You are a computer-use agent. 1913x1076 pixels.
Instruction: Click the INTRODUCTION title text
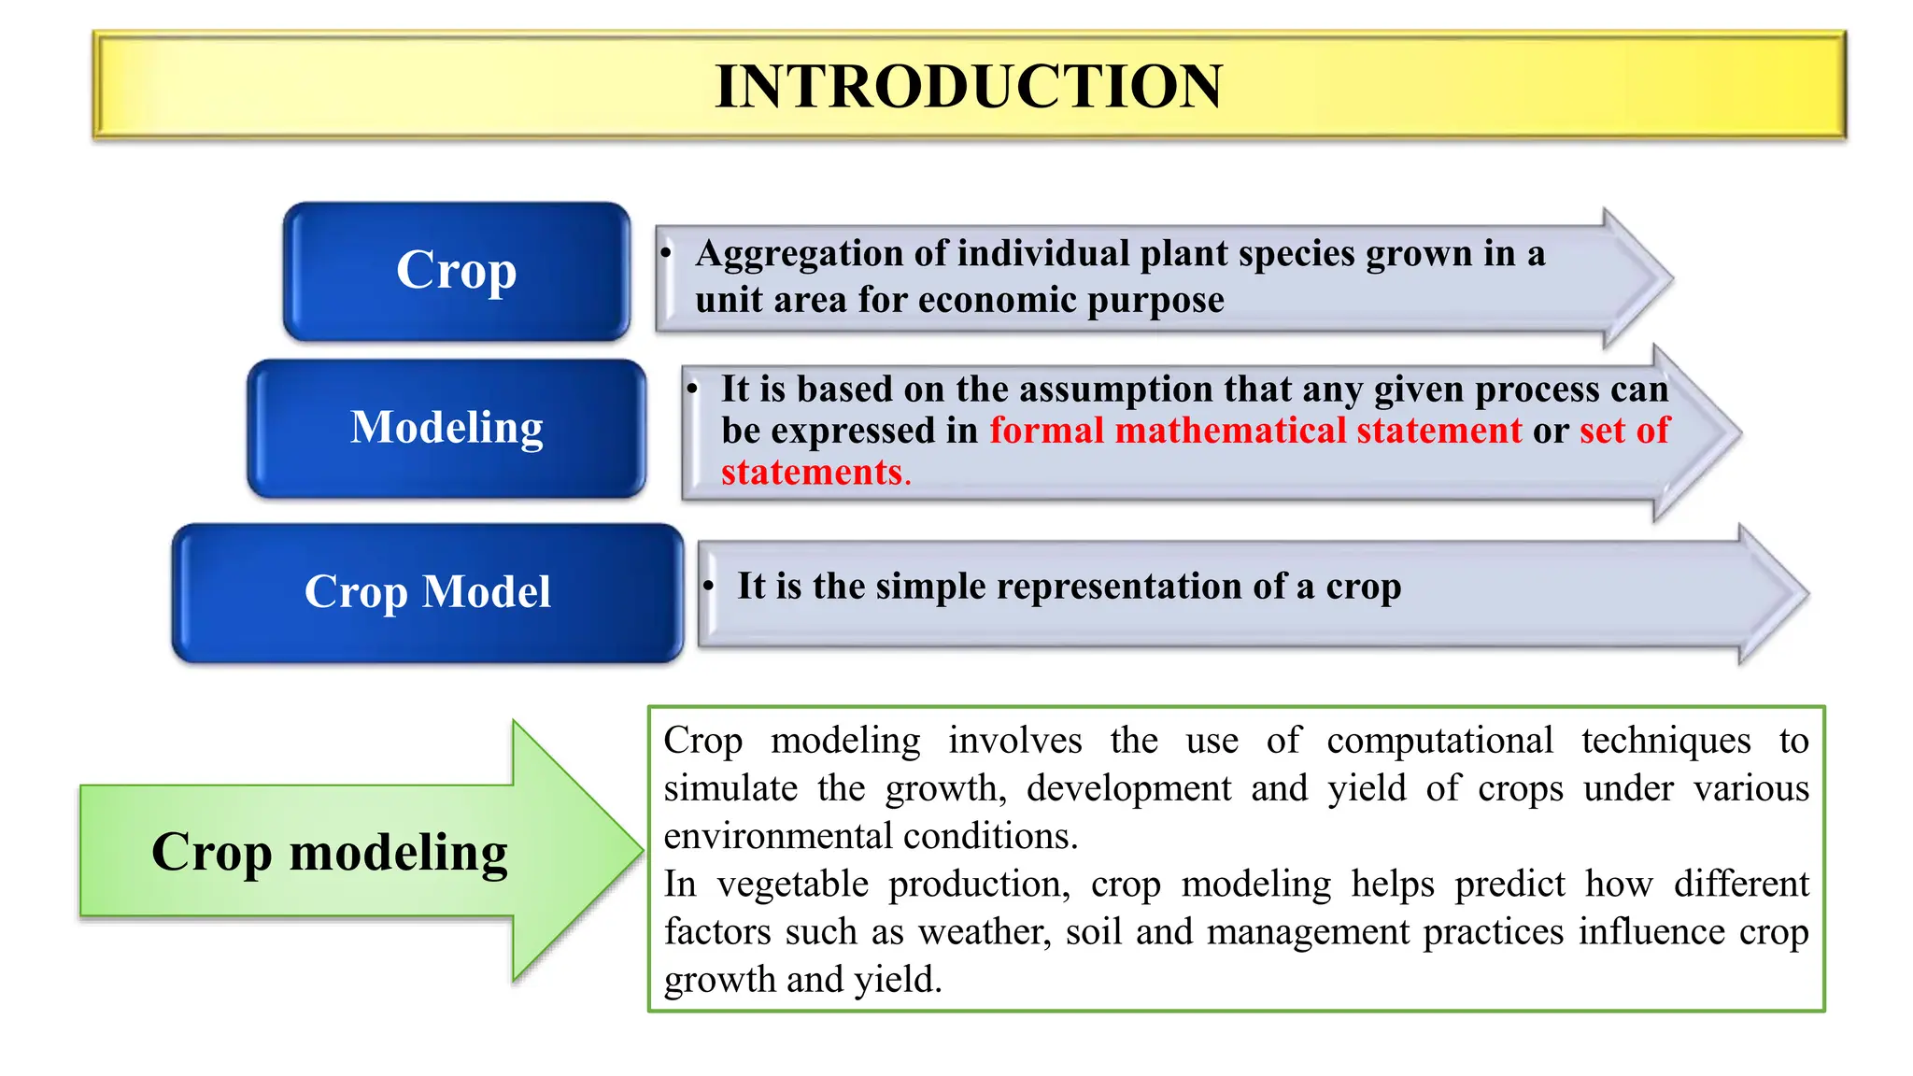click(968, 86)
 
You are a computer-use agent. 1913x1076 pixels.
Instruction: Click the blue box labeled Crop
click(457, 271)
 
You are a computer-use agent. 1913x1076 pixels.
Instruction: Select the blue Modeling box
click(446, 428)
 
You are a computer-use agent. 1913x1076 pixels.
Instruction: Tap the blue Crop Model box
click(428, 592)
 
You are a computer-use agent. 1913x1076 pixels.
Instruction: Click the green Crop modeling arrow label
click(329, 852)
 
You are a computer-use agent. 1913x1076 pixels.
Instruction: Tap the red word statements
click(811, 473)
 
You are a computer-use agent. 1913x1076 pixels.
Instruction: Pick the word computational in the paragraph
click(1438, 741)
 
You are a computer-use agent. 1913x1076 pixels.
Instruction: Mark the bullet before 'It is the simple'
click(709, 587)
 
